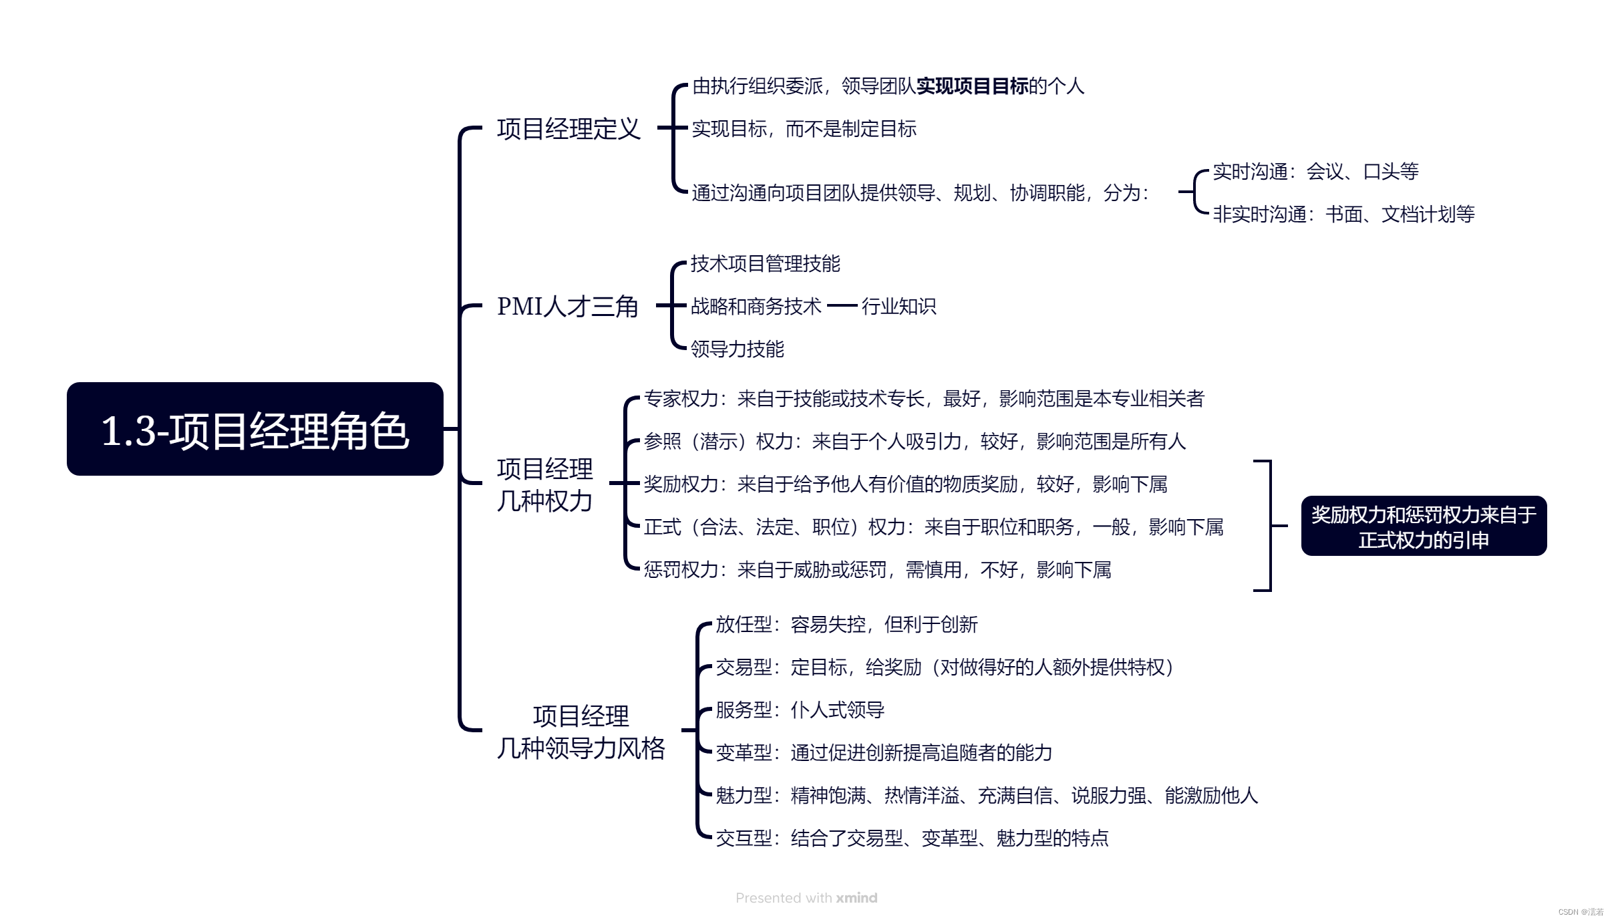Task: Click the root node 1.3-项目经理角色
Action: click(x=255, y=429)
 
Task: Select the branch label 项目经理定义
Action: click(x=569, y=128)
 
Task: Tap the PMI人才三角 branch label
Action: click(x=568, y=306)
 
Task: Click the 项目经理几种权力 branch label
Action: click(x=544, y=484)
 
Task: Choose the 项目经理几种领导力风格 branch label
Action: click(x=581, y=732)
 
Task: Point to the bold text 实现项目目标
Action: click(x=972, y=86)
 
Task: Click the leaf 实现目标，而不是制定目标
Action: click(x=804, y=128)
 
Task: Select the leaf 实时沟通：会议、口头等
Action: click(x=1315, y=172)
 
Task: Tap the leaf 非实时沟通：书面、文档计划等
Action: click(x=1343, y=214)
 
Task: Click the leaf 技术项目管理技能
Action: click(x=765, y=264)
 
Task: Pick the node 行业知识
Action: click(x=899, y=306)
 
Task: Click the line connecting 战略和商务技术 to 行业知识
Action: click(x=842, y=306)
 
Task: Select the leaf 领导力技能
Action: click(x=737, y=349)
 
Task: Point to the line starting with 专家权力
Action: click(x=923, y=399)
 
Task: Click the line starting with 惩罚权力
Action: click(x=877, y=570)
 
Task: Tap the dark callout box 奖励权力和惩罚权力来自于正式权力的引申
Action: click(x=1424, y=526)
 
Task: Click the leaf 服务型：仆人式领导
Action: click(x=800, y=710)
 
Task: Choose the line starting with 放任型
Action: click(x=846, y=625)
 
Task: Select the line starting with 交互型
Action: click(x=912, y=838)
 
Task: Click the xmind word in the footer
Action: click(x=856, y=898)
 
